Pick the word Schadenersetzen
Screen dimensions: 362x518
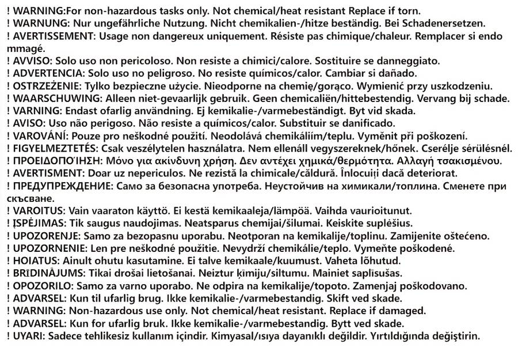coord(449,24)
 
